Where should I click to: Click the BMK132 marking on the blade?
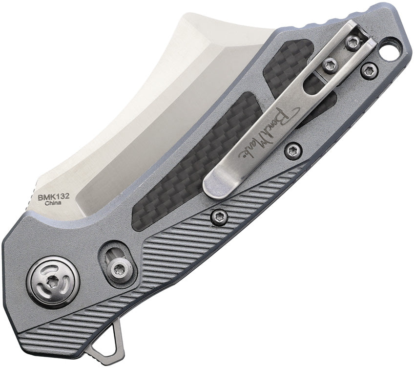(x=54, y=197)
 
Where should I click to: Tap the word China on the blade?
(x=53, y=203)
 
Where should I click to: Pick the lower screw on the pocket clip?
(x=330, y=65)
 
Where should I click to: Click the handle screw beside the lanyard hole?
(x=369, y=71)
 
